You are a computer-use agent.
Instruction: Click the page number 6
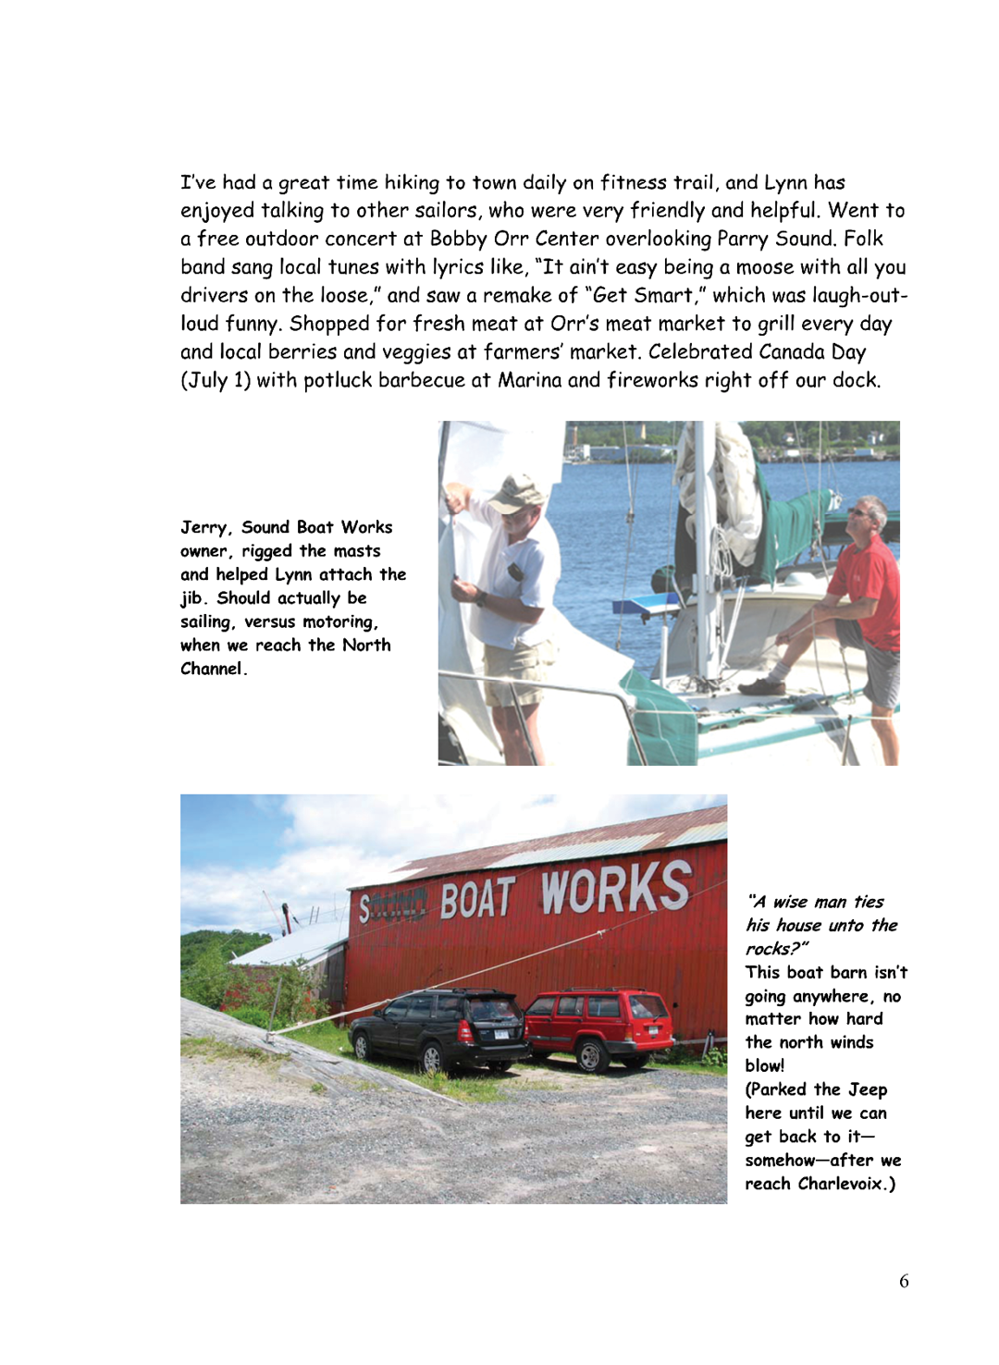[904, 1281]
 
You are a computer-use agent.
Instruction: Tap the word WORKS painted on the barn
[615, 889]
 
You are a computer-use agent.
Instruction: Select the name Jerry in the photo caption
[203, 527]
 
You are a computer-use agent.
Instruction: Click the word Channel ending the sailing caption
[212, 669]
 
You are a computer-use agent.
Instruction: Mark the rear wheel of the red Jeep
[590, 1054]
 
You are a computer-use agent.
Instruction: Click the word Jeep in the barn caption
[868, 1089]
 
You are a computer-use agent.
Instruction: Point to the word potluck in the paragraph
[338, 380]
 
